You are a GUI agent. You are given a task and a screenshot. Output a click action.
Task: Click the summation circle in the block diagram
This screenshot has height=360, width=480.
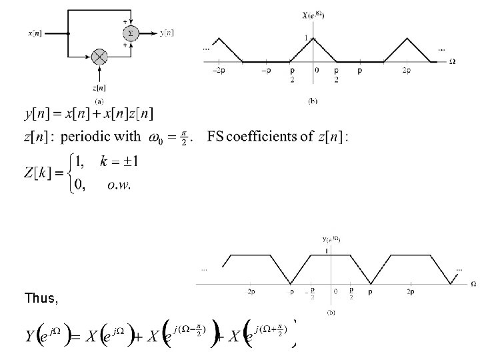click(130, 33)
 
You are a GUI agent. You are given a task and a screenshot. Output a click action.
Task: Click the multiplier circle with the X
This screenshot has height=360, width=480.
click(100, 56)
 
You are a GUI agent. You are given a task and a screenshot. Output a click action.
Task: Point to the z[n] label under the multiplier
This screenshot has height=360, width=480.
click(100, 87)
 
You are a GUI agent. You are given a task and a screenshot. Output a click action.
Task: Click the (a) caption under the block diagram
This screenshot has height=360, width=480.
click(99, 101)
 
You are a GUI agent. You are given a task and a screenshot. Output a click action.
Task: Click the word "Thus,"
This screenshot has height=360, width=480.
click(41, 298)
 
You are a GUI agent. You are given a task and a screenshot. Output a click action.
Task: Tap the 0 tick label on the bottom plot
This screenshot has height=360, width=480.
click(336, 291)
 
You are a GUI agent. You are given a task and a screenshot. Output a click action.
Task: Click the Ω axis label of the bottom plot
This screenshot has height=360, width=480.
click(473, 284)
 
